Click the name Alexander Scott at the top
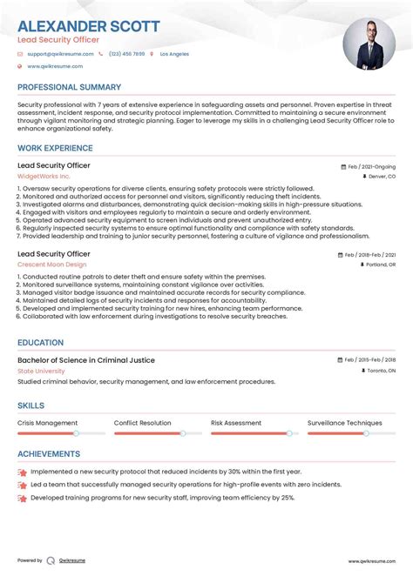coord(88,26)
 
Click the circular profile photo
coord(369,45)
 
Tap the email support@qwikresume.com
coord(58,54)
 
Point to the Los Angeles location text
coord(173,54)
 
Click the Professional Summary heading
coord(69,87)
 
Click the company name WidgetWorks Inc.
coord(44,176)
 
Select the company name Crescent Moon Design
coord(52,264)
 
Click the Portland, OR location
coord(380,265)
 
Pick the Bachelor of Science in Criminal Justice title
coord(86,359)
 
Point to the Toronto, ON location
coord(380,371)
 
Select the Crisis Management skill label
coord(47,422)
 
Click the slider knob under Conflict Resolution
coord(183,432)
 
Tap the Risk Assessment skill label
coord(236,422)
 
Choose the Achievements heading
coord(49,453)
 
